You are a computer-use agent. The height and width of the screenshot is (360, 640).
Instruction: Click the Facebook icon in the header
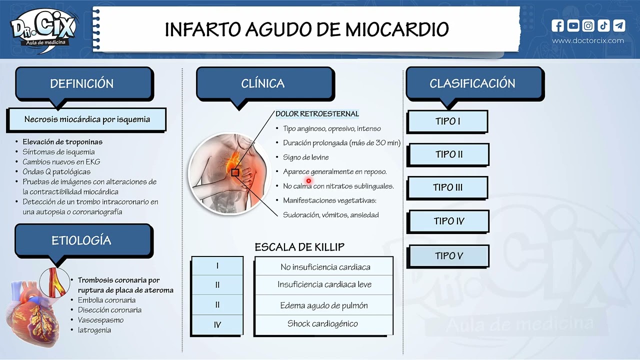click(x=558, y=25)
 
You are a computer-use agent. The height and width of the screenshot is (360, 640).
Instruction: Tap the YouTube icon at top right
click(x=573, y=25)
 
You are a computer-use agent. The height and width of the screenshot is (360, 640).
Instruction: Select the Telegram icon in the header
click(x=619, y=25)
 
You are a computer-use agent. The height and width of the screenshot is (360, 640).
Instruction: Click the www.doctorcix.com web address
click(x=588, y=40)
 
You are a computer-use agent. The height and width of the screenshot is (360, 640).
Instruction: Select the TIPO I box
click(x=447, y=121)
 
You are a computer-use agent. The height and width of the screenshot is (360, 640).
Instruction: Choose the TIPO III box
click(x=447, y=187)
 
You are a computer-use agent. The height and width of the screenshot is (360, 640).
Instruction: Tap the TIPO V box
click(x=448, y=256)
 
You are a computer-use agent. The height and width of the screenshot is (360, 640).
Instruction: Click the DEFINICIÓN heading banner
click(x=82, y=83)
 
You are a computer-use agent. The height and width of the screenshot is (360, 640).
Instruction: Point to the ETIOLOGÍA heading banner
click(x=81, y=240)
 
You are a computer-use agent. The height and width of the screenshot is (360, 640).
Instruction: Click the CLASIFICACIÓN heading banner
click(x=472, y=83)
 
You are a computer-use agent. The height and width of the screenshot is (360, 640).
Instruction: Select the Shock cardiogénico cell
click(x=322, y=324)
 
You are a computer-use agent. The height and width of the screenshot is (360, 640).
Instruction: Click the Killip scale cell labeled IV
click(x=217, y=325)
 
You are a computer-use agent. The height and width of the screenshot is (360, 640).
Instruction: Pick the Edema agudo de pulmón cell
click(x=324, y=305)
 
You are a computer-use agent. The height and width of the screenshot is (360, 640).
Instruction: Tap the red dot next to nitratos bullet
click(x=308, y=181)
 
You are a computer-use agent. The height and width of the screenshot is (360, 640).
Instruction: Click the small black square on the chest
click(x=234, y=172)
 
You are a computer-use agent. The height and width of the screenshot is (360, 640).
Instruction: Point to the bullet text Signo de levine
click(x=306, y=157)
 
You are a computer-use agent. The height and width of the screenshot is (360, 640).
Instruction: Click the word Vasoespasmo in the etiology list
click(x=100, y=320)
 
